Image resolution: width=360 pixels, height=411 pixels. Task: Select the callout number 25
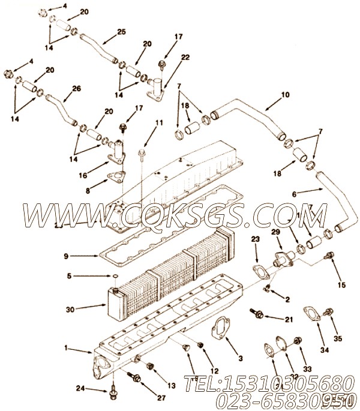(x=121, y=32)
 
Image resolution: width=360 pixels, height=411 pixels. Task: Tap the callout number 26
(x=76, y=89)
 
